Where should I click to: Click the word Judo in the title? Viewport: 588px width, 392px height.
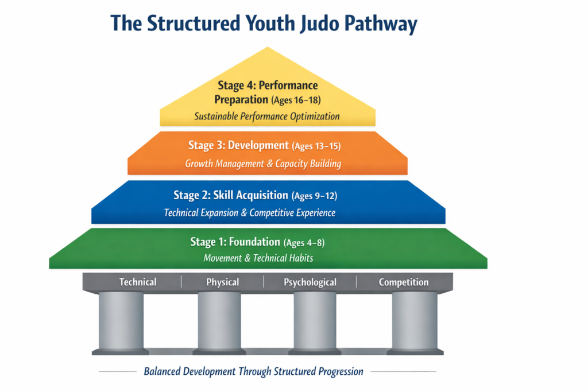[304, 24]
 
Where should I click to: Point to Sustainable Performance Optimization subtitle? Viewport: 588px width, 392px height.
[267, 116]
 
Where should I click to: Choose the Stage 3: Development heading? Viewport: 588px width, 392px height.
[238, 146]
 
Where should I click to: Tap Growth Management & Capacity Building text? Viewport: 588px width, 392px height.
[263, 164]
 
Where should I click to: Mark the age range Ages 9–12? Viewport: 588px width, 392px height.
[314, 196]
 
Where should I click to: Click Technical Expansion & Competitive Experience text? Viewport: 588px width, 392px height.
[250, 213]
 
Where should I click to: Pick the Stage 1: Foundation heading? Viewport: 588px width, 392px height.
[235, 242]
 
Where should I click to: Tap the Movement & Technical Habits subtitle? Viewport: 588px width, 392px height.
[258, 258]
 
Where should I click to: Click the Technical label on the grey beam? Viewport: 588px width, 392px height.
[138, 282]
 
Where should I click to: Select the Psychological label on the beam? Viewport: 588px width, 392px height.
[310, 282]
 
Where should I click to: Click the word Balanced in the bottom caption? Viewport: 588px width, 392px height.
[164, 371]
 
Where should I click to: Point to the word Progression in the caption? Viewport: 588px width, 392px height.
[338, 371]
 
